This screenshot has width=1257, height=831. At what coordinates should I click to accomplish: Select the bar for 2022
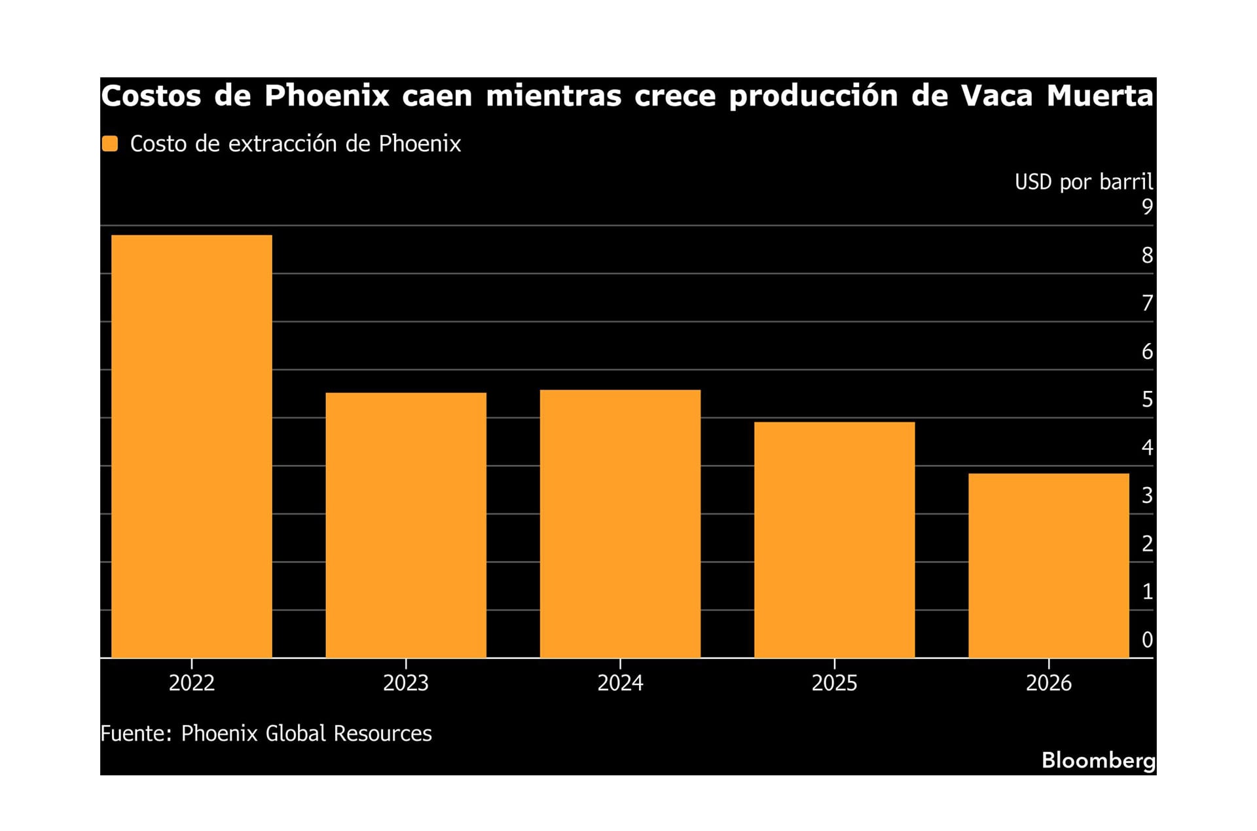191,446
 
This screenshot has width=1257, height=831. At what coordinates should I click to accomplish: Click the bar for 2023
405,525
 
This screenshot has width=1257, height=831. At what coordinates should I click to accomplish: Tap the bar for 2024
620,523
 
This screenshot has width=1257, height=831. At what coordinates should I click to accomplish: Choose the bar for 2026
1048,565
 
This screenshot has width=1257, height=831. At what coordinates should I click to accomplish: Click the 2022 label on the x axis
191,683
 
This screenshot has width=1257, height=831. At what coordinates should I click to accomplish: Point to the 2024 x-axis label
620,683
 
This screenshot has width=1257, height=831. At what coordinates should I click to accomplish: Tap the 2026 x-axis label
1048,683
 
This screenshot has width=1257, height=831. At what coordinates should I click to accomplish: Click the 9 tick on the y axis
1146,207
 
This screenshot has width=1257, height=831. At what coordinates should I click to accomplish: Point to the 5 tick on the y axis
1146,399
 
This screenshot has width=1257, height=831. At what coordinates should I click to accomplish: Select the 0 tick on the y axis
1146,640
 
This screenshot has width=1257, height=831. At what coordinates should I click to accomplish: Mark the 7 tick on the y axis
1146,303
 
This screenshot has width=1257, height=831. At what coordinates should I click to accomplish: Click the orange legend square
110,143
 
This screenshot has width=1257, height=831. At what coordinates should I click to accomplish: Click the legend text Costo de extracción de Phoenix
295,143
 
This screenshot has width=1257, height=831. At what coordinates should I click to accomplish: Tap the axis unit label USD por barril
1084,181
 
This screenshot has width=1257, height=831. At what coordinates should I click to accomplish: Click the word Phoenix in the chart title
327,96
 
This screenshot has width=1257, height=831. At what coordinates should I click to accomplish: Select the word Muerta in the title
1099,96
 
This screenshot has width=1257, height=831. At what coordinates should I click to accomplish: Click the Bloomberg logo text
1098,760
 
